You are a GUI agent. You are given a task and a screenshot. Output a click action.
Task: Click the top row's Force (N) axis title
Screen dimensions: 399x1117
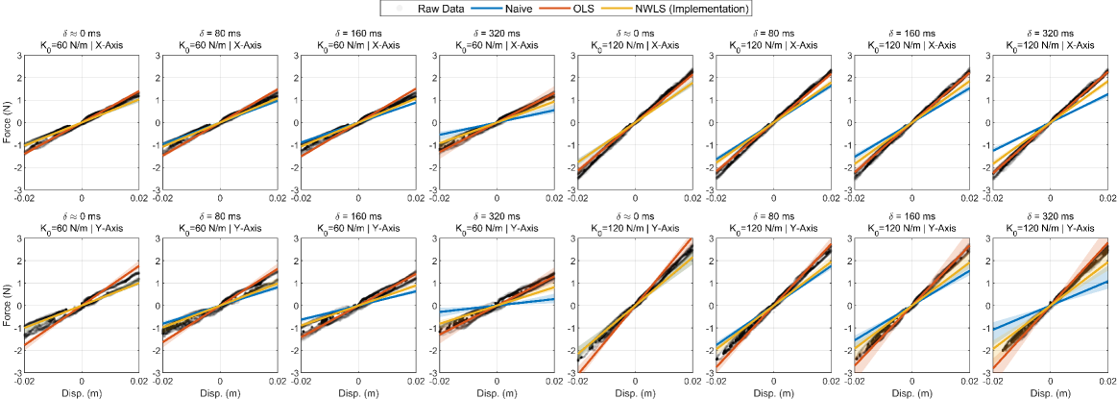(8, 124)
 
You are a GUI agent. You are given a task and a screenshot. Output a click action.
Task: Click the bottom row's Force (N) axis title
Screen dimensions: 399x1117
(8, 307)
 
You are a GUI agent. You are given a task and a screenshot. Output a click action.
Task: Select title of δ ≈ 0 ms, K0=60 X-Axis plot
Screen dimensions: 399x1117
(81, 38)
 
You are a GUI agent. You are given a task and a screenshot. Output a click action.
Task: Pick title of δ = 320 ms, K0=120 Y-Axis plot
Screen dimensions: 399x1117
(1051, 221)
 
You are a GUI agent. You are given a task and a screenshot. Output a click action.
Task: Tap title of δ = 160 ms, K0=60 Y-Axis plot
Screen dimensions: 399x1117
(358, 221)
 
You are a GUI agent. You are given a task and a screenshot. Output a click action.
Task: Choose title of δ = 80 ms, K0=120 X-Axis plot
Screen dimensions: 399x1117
(773, 38)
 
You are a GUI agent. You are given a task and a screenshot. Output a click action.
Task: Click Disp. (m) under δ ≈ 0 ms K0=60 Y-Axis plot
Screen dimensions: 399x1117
(81, 393)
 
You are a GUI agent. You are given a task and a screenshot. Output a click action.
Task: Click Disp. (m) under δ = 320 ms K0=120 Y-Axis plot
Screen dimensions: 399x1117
(1051, 393)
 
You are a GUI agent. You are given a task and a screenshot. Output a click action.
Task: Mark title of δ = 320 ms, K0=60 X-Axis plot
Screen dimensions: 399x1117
(497, 38)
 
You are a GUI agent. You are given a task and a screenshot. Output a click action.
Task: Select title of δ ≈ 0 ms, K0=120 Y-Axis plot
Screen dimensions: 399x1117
(635, 221)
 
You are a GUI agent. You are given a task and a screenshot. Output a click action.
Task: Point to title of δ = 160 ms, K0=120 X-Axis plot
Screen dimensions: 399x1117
(912, 38)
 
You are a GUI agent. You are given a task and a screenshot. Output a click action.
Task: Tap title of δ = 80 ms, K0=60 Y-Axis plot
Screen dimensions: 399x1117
(219, 221)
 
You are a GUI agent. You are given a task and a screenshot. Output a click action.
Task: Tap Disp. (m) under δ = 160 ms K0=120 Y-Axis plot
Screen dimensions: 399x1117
(912, 393)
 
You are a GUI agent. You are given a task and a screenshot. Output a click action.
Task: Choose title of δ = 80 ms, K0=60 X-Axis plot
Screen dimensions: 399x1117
(219, 38)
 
